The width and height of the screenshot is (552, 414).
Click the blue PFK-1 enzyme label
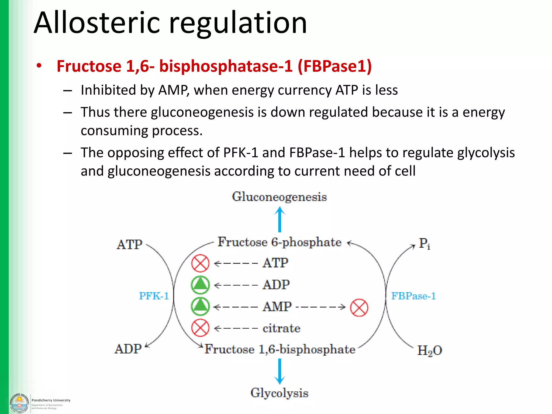[154, 296]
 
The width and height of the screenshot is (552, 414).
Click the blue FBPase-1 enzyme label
[413, 296]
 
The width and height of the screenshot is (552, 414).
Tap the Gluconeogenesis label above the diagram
[279, 197]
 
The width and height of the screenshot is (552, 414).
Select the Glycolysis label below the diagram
[279, 393]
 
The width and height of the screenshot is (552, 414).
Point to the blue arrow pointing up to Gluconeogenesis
[280, 219]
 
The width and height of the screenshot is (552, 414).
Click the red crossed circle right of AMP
[359, 308]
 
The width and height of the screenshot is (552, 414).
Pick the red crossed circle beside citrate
[200, 328]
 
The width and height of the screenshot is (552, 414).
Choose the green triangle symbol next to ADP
[200, 285]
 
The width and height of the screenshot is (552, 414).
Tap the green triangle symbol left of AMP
[200, 306]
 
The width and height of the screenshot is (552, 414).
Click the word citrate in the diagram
[281, 328]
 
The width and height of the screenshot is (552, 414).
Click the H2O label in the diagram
[429, 350]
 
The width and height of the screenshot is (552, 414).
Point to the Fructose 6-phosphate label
[279, 242]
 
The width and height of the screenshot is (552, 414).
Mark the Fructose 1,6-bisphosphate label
[280, 349]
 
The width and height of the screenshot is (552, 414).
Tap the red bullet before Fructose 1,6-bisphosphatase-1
[39, 66]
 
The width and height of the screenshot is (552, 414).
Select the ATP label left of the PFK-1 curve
[129, 244]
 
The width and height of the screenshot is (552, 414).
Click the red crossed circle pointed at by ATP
[200, 263]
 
